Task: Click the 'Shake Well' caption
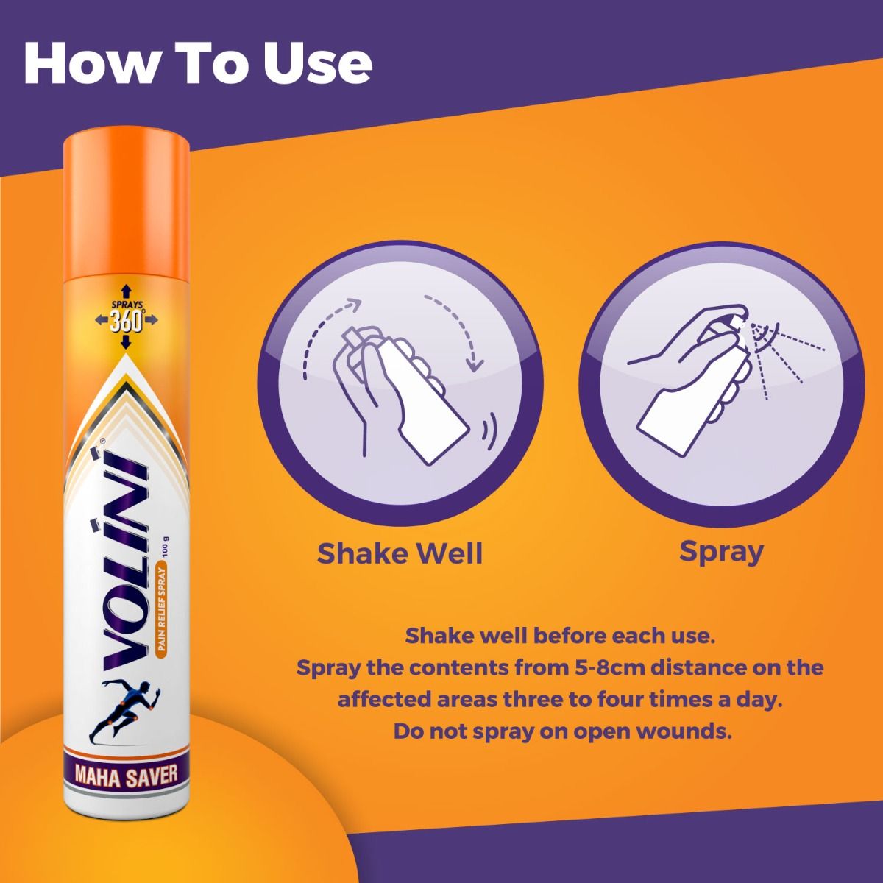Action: click(x=400, y=553)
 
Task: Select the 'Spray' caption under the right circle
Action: click(x=720, y=551)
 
